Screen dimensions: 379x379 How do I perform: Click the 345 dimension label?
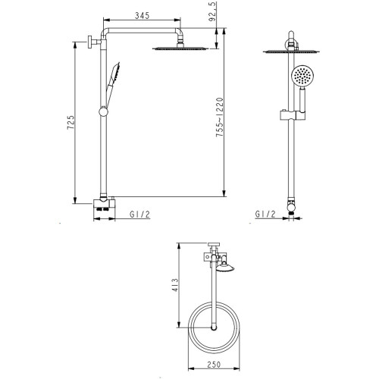pyautogui.click(x=143, y=15)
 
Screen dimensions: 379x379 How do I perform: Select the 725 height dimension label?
pyautogui.click(x=70, y=123)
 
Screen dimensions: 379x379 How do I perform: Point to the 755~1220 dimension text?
pyautogui.click(x=220, y=117)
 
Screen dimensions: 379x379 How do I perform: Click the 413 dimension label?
pyautogui.click(x=175, y=285)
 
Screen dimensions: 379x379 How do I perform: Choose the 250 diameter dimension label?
pyautogui.click(x=214, y=365)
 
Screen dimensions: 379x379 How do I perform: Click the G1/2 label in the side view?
pyautogui.click(x=139, y=215)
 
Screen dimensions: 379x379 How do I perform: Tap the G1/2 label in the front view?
pyautogui.click(x=265, y=215)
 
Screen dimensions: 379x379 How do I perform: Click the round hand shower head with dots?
pyautogui.click(x=302, y=76)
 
